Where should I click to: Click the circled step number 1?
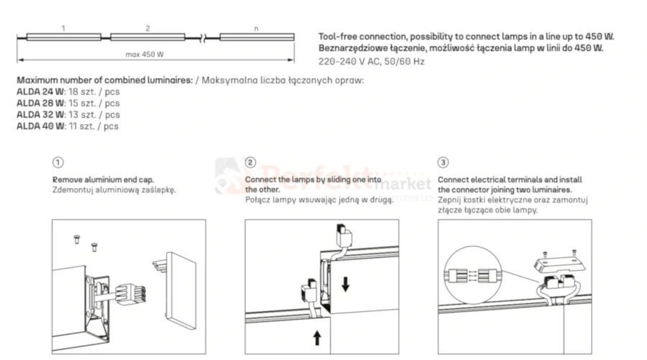(58, 162)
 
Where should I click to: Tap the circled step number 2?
(250, 162)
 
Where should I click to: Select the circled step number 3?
(443, 162)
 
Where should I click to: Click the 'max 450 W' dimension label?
(144, 55)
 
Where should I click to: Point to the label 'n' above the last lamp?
(256, 29)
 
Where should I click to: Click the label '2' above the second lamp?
(147, 28)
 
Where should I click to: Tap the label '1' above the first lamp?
(63, 28)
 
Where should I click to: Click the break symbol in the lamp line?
(202, 38)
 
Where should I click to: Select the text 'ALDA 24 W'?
(40, 92)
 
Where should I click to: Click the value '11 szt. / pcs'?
(93, 126)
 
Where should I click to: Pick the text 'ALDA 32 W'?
(40, 115)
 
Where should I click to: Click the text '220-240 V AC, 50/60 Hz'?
(372, 62)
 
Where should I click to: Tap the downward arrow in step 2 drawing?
(346, 284)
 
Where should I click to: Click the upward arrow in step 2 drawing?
(317, 337)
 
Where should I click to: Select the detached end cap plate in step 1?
(180, 287)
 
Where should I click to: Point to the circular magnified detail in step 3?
(473, 275)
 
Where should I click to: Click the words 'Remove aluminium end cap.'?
(103, 180)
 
